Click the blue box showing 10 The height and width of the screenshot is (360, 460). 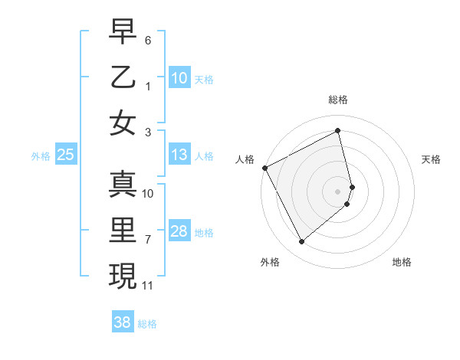(x=179, y=78)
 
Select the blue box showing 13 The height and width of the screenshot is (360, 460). (x=179, y=155)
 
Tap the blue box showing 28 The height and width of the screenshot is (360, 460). (x=179, y=231)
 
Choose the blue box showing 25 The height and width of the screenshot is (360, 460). (x=66, y=155)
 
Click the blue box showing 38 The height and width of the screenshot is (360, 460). (x=123, y=322)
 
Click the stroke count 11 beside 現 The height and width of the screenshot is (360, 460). (x=148, y=286)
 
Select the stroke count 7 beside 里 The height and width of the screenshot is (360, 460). (x=148, y=240)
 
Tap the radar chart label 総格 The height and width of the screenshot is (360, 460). (x=338, y=100)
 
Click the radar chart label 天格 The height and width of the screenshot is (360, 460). (x=432, y=159)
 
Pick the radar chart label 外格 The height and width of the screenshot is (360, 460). (x=270, y=262)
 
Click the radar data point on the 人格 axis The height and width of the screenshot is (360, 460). (x=264, y=168)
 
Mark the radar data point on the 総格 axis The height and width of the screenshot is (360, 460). (x=338, y=131)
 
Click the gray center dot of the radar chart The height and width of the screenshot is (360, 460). (x=338, y=191)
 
